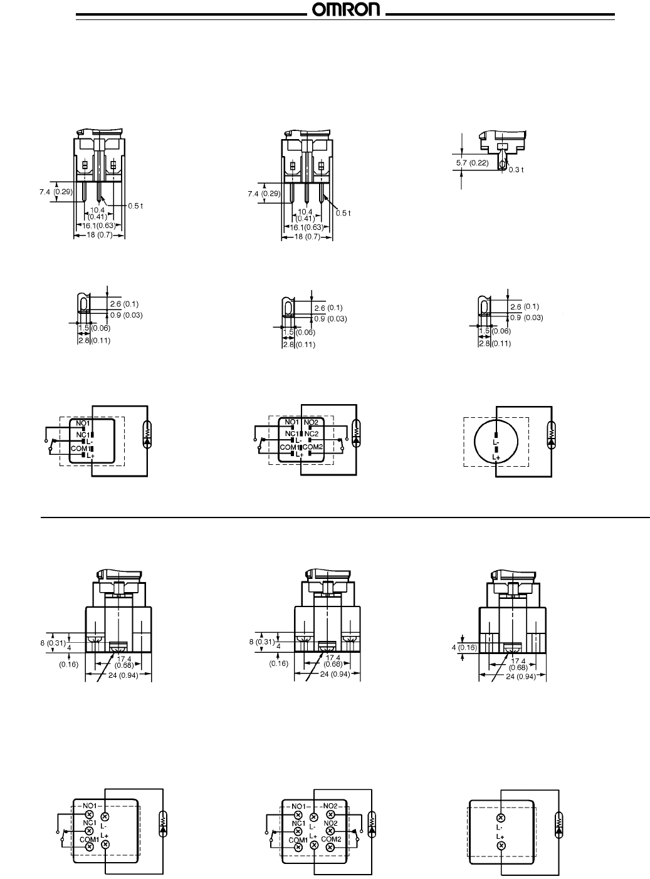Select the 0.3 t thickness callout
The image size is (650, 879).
click(516, 169)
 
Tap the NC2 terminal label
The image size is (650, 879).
click(312, 434)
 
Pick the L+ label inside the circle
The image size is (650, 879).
click(496, 458)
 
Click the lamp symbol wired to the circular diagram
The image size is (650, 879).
click(551, 434)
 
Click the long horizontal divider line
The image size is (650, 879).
click(345, 518)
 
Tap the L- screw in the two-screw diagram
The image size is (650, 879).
click(500, 818)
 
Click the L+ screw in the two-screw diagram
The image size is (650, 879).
click(500, 846)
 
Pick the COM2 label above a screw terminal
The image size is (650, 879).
click(331, 838)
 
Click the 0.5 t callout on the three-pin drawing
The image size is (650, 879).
click(342, 213)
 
